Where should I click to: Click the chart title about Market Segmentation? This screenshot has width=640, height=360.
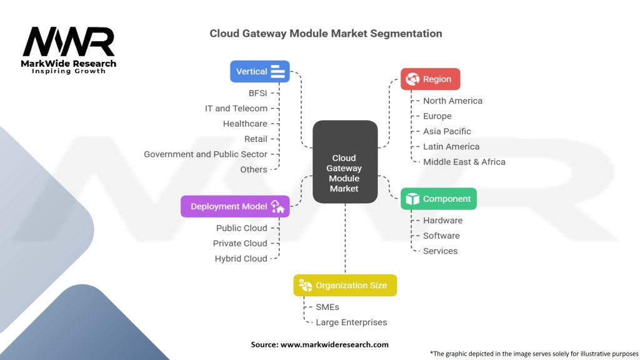point(326,34)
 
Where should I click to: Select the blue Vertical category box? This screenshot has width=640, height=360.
point(260,71)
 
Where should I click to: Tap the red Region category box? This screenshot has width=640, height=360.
point(430,79)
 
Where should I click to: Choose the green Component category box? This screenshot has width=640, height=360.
point(438,199)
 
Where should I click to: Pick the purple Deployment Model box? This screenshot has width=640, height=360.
point(235,206)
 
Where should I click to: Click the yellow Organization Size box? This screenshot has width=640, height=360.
point(345,285)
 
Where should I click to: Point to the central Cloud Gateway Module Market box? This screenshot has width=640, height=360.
point(344,162)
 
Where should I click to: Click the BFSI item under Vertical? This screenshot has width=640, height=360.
point(257,93)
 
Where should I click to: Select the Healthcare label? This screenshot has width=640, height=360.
point(245,124)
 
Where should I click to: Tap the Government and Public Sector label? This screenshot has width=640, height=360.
point(206,154)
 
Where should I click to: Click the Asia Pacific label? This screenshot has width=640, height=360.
point(447,131)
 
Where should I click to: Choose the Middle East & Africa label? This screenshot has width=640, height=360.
point(464,161)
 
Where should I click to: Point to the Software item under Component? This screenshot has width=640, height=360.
point(441,236)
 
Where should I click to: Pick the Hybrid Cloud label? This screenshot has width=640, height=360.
point(241,258)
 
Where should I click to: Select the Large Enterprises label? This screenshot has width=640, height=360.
point(351,322)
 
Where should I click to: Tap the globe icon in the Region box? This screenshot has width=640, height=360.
point(412,79)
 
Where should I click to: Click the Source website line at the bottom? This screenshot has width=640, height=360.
point(319,344)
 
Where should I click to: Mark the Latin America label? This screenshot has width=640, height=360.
point(451,146)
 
